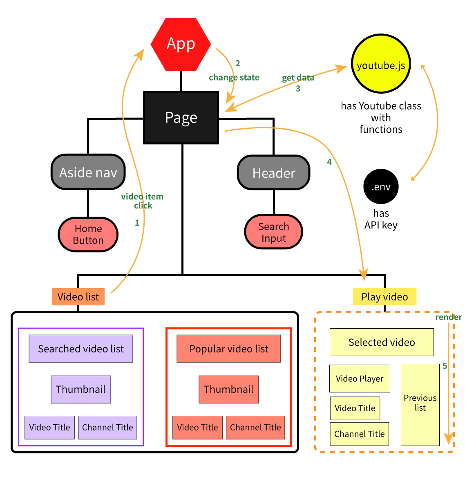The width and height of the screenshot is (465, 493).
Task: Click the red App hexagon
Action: [x=181, y=44]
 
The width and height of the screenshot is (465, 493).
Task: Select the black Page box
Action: [x=181, y=118]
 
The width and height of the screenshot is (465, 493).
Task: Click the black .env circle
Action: [x=381, y=187]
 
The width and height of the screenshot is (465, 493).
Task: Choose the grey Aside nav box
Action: [x=88, y=172]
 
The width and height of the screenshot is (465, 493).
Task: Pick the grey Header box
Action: [x=274, y=173]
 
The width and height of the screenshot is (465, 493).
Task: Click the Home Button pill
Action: [x=88, y=234]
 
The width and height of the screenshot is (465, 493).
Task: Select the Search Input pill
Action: [x=274, y=232]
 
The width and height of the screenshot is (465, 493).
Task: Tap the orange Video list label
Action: [x=78, y=297]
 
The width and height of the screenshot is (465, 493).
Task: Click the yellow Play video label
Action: [x=385, y=297]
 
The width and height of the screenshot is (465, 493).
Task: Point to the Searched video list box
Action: [x=81, y=349]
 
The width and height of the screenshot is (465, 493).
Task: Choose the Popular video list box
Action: [x=229, y=349]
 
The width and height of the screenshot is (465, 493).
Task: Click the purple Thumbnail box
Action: [x=81, y=389]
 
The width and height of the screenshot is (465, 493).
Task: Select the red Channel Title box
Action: [x=255, y=427]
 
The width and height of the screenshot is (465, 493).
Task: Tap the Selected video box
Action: [x=382, y=342]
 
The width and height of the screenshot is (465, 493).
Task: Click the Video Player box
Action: [x=360, y=379]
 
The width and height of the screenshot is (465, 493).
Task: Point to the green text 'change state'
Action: [x=234, y=77]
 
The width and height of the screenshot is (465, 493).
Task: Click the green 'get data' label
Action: [x=298, y=78]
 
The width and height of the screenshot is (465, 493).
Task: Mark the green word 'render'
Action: [x=448, y=317]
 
